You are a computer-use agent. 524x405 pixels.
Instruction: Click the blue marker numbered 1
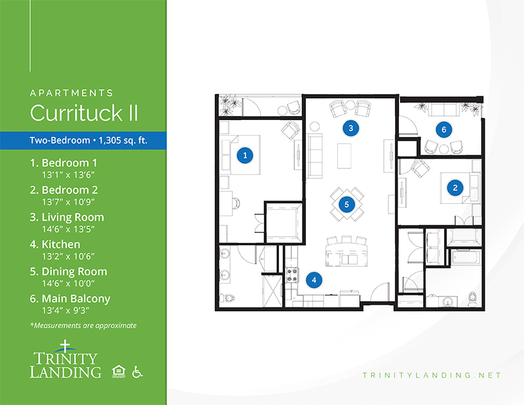(245, 155)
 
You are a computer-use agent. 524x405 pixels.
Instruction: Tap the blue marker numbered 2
(455, 187)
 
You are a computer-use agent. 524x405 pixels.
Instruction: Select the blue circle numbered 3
(351, 128)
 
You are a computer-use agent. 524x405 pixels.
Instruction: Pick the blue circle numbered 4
(314, 280)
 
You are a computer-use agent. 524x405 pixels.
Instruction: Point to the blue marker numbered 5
(346, 204)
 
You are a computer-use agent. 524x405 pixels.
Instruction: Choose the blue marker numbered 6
(444, 129)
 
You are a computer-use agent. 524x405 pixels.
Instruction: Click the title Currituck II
(84, 113)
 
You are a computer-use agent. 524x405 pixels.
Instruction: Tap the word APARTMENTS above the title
(71, 92)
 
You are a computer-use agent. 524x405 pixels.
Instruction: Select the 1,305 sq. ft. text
(123, 140)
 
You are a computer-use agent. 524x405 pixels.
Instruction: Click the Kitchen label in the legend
(61, 244)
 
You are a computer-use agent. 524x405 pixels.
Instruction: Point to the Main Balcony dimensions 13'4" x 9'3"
(65, 311)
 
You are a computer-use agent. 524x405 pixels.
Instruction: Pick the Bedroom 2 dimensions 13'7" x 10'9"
(68, 202)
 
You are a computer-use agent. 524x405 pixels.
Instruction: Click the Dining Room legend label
(74, 271)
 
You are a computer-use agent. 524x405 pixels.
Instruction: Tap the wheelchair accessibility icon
(137, 372)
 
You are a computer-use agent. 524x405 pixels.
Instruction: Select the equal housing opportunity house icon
(119, 372)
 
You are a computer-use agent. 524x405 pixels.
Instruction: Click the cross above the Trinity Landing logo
(65, 346)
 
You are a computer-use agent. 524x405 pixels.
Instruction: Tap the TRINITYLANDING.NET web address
(432, 376)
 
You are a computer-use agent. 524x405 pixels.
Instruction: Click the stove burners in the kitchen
(291, 275)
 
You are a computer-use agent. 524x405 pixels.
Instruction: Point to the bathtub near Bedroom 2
(466, 258)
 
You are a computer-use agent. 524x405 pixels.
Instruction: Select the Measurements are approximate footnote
(83, 326)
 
